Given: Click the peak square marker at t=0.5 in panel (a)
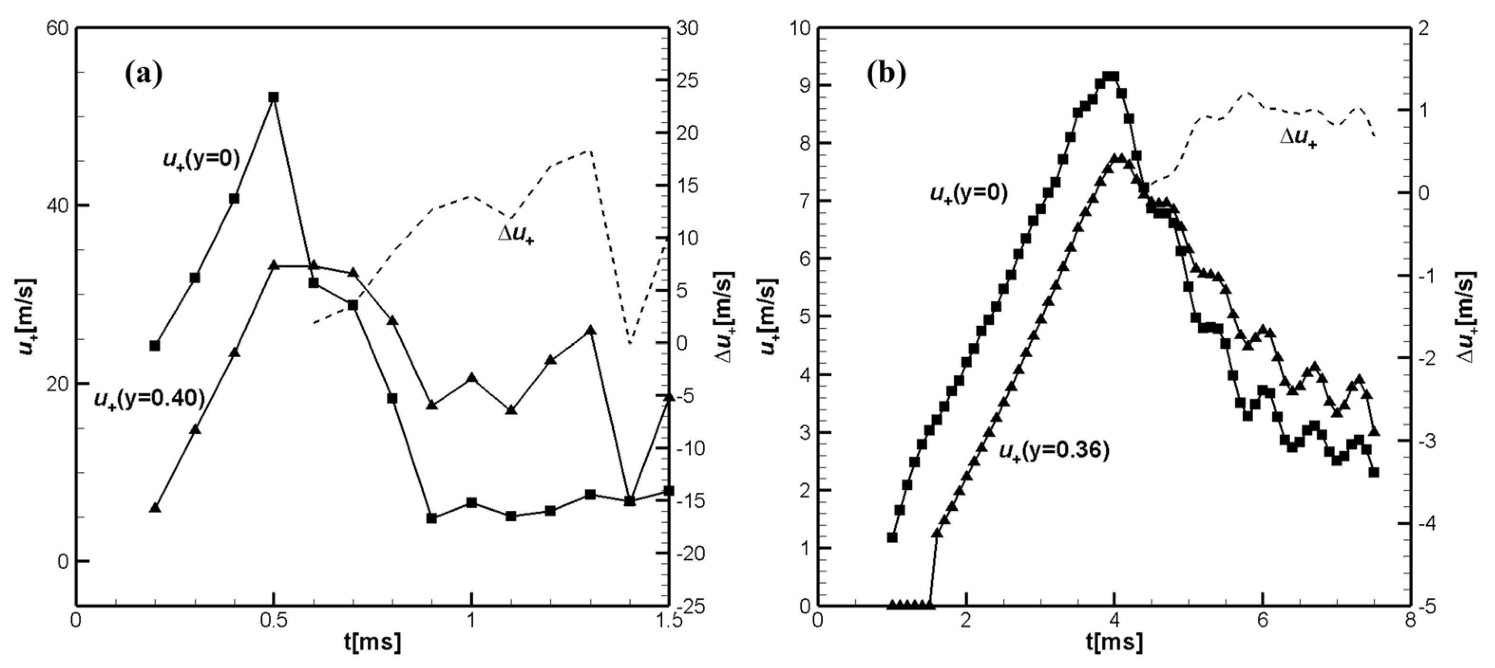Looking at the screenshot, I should click(273, 97).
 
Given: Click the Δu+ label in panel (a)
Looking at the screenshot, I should click(516, 235).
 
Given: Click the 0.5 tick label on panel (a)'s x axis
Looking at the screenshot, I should click(273, 619).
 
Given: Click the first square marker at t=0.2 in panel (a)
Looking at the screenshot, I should click(154, 345).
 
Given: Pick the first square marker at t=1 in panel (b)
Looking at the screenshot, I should click(893, 537).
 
